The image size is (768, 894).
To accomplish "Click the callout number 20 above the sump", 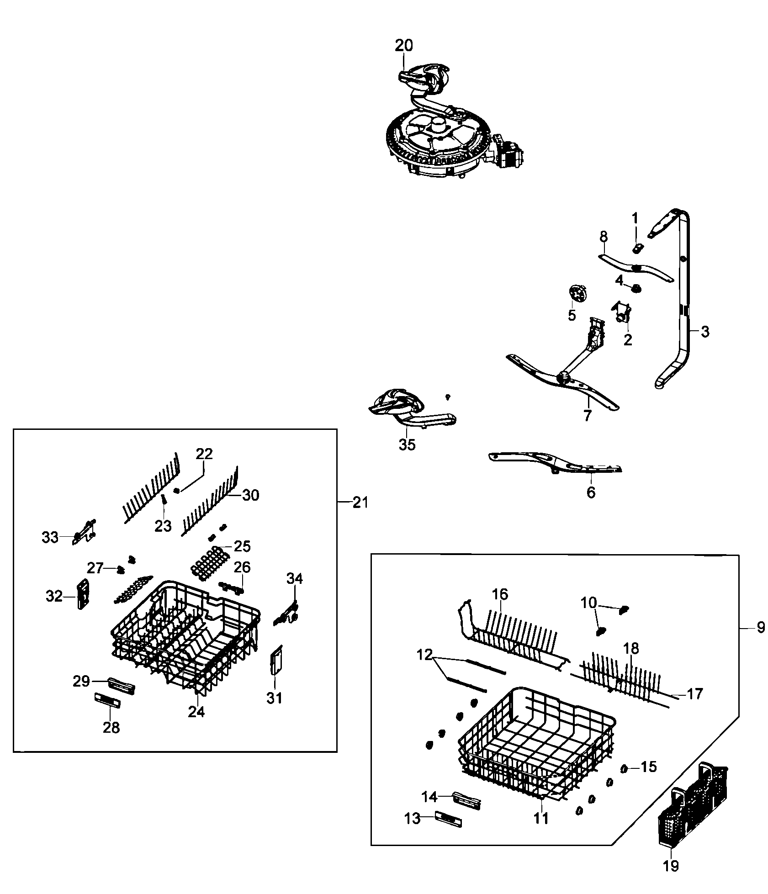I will coord(403,45).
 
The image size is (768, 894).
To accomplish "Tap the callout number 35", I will coord(407,444).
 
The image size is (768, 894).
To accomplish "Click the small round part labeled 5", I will coord(577,292).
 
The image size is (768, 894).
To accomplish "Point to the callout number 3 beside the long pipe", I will coord(705,332).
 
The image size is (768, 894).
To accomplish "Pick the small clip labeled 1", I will coord(638,248).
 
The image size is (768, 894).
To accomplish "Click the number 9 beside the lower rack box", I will coord(761,628).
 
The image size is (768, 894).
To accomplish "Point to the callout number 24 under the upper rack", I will coord(196,712).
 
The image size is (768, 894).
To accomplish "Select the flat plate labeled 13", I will coord(449,819).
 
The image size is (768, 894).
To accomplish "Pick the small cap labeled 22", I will coord(177,490).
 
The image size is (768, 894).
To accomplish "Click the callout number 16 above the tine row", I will coord(500,594).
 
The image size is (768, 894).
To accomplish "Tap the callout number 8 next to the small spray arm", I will coord(604,236).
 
